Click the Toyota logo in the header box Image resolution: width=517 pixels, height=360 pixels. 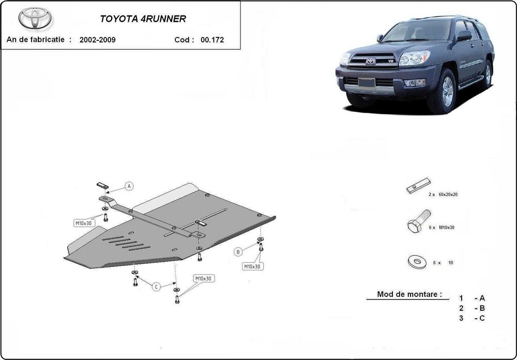[35, 18]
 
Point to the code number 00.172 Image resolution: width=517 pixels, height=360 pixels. [212, 40]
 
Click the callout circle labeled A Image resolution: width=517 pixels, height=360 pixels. [129, 186]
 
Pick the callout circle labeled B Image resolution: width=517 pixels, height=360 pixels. [238, 252]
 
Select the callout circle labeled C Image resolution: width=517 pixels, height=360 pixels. [156, 287]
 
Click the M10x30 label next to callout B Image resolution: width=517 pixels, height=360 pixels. [252, 266]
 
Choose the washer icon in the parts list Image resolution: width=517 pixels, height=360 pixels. [417, 262]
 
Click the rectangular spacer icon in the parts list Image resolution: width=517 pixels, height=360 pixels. [418, 186]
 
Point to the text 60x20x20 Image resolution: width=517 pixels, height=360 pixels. [448, 194]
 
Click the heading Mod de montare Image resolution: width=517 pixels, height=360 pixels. [409, 294]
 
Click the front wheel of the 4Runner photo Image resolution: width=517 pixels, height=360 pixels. [446, 92]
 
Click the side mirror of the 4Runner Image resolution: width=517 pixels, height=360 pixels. [464, 35]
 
